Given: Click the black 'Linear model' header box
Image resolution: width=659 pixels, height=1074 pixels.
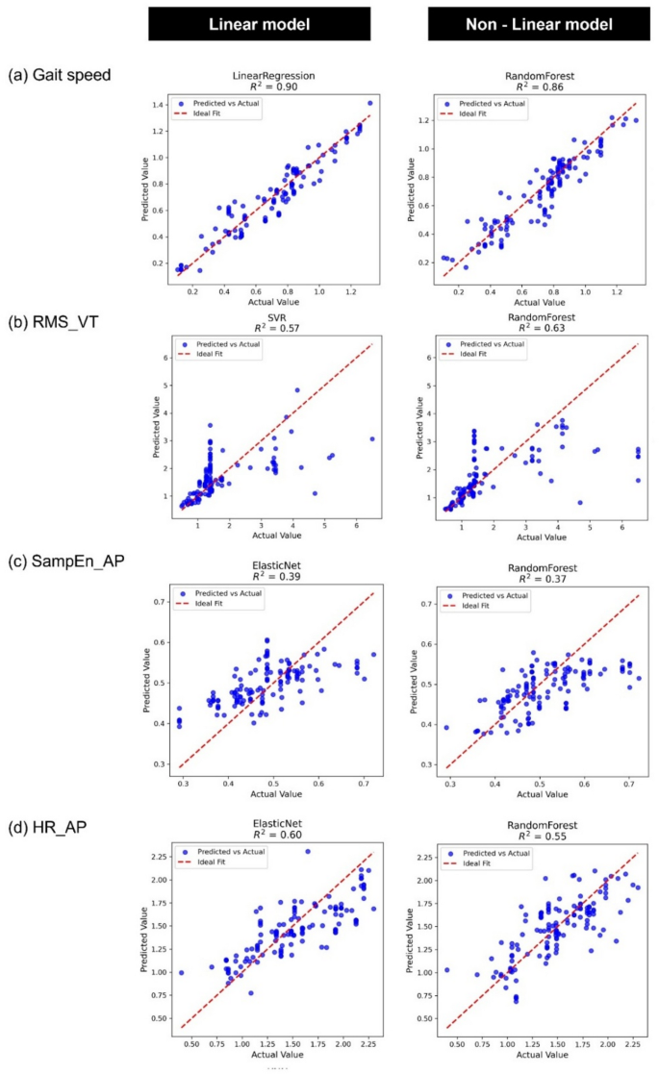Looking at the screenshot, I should pos(259,23).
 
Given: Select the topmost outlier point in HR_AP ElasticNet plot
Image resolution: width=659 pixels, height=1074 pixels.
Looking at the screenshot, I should pos(308,852).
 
